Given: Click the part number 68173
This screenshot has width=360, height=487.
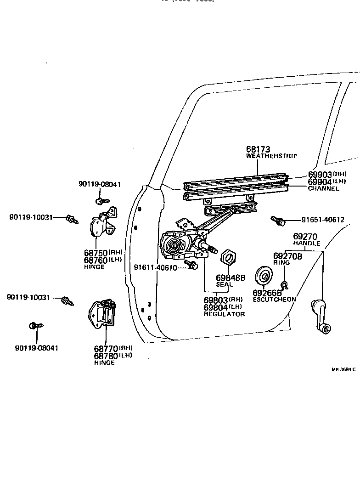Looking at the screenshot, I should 258,149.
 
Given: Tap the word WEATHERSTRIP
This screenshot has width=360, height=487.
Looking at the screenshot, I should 271,156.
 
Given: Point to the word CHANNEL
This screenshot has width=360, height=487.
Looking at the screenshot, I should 323,188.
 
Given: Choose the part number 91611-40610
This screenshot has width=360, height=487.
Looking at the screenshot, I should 155,267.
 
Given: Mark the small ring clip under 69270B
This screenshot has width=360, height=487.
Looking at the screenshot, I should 284,285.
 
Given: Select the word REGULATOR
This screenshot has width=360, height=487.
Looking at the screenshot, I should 224,314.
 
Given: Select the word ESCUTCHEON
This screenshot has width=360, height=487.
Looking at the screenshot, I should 274,300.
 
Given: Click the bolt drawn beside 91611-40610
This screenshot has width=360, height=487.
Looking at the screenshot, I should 191,264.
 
